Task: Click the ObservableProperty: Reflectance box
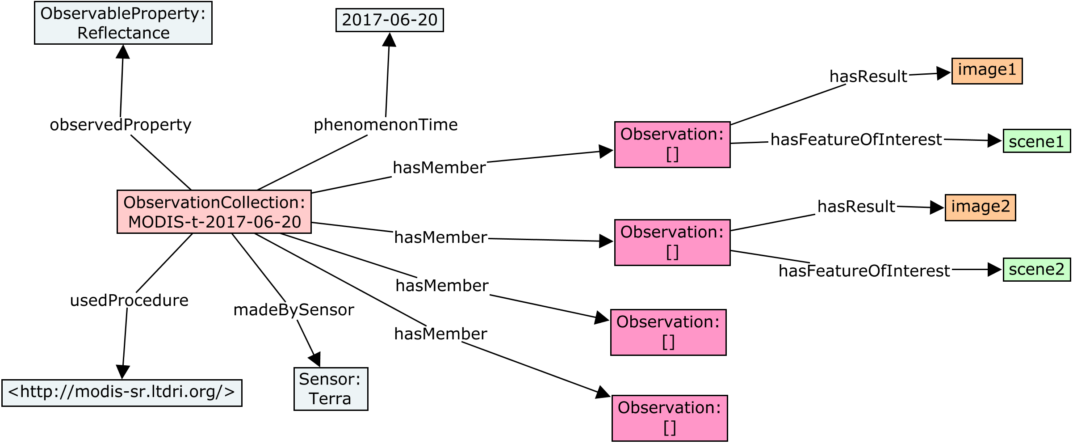pyautogui.click(x=123, y=23)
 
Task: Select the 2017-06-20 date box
pyautogui.click(x=390, y=20)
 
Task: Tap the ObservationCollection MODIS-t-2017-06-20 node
pyautogui.click(x=214, y=212)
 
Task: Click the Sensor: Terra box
pyautogui.click(x=331, y=389)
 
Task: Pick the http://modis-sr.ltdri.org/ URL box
pyautogui.click(x=122, y=393)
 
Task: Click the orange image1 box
pyautogui.click(x=987, y=71)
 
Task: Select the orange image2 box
pyautogui.click(x=980, y=207)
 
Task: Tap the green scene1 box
pyautogui.click(x=1036, y=141)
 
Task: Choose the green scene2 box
pyautogui.click(x=1036, y=270)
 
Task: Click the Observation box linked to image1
pyautogui.click(x=672, y=144)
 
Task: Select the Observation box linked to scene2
pyautogui.click(x=672, y=242)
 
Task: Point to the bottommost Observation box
pyautogui.click(x=669, y=418)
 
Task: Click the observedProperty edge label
pyautogui.click(x=121, y=125)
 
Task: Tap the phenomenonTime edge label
pyautogui.click(x=386, y=125)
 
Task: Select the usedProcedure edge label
pyautogui.click(x=129, y=300)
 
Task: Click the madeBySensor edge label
pyautogui.click(x=293, y=310)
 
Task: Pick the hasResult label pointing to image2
pyautogui.click(x=856, y=207)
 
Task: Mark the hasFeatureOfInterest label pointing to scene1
pyautogui.click(x=856, y=140)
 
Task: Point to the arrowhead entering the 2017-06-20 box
pyautogui.click(x=389, y=39)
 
